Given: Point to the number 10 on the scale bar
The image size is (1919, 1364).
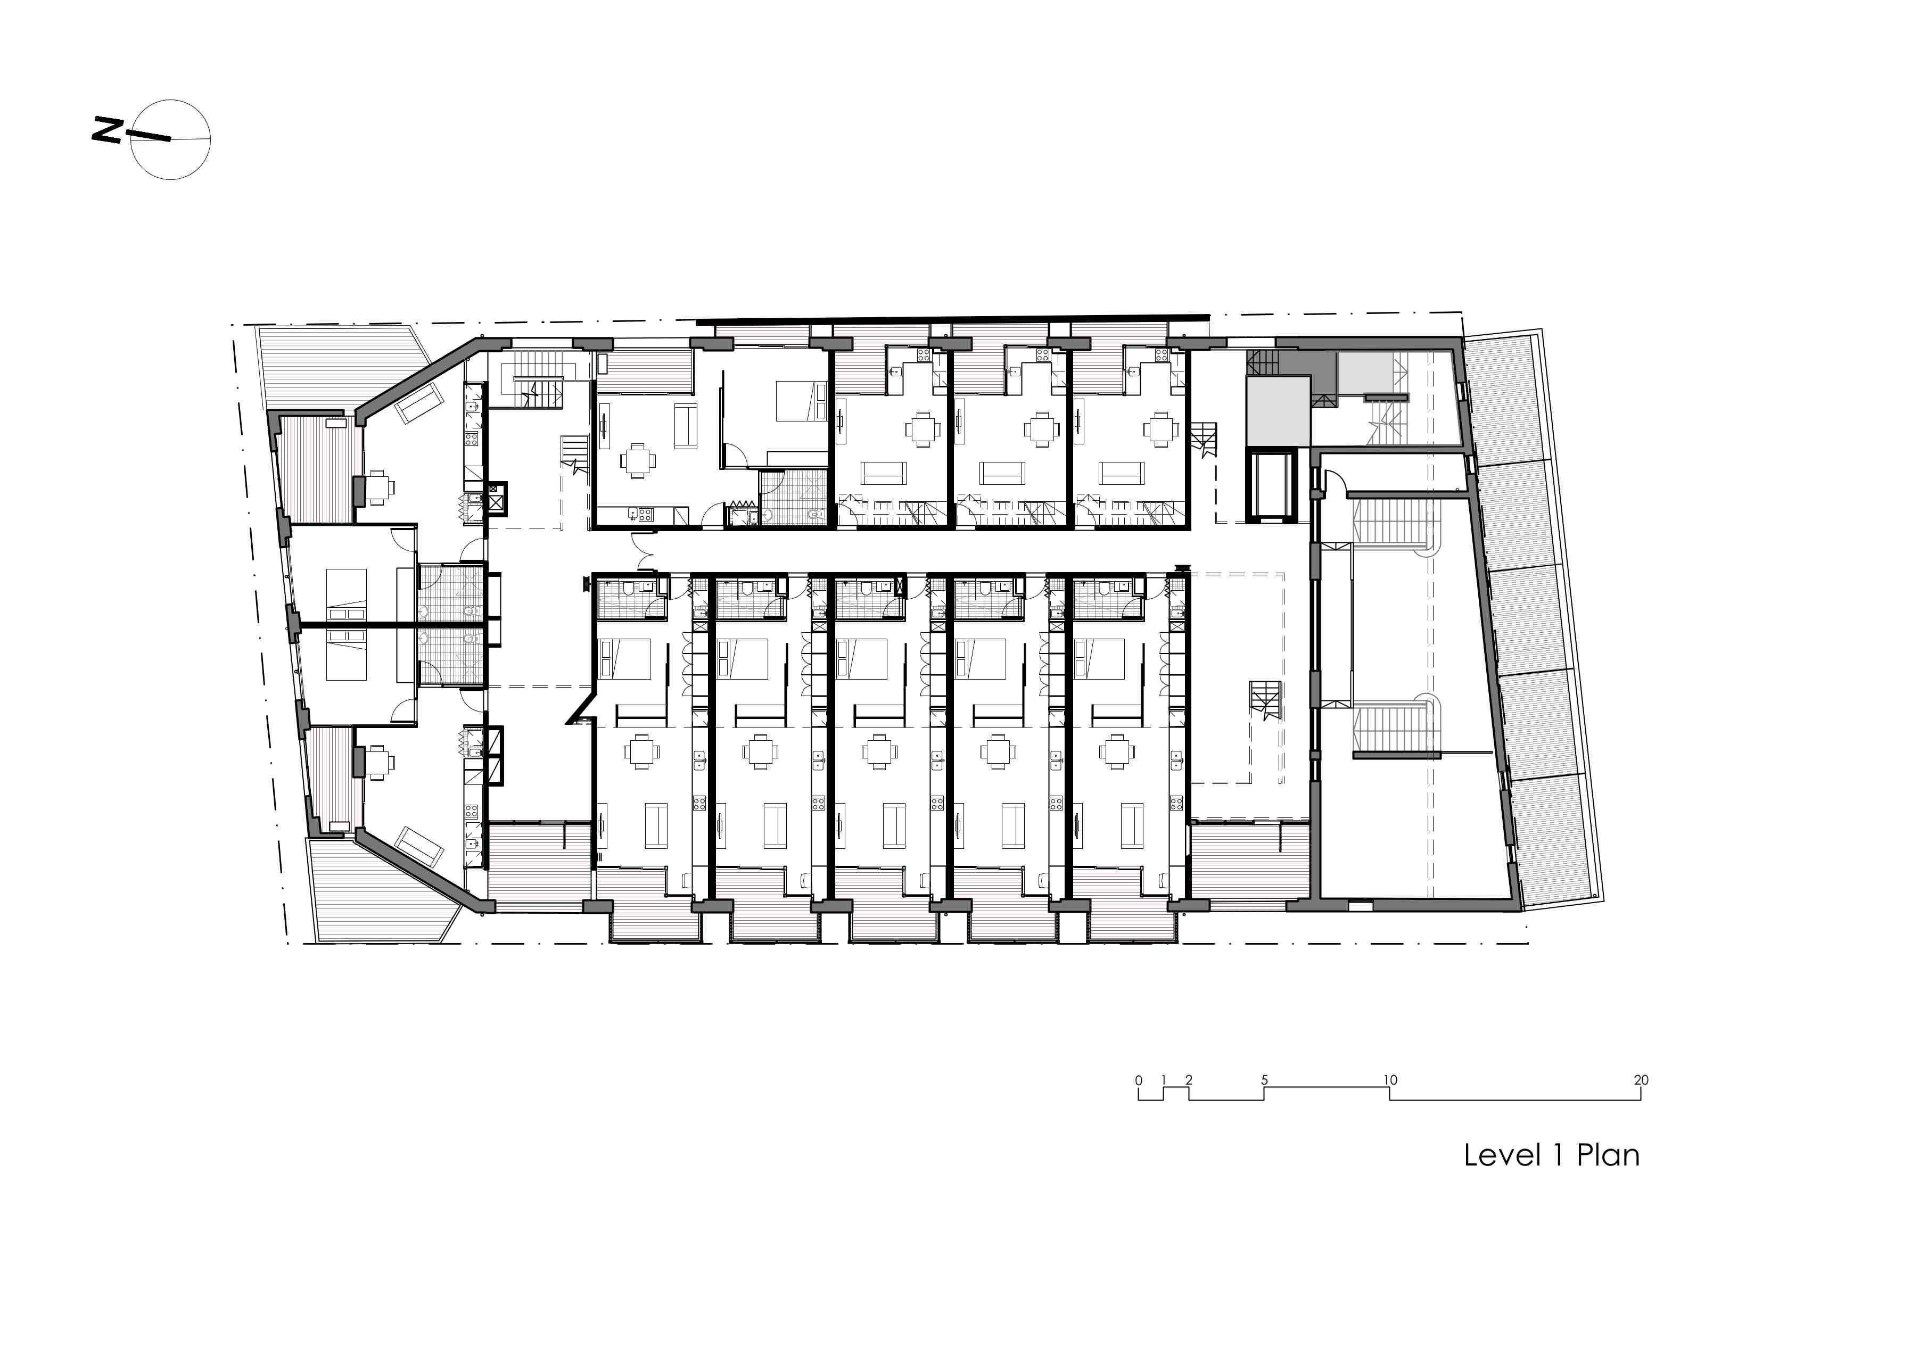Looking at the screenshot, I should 1390,1080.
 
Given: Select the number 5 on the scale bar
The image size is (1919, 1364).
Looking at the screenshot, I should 1264,1080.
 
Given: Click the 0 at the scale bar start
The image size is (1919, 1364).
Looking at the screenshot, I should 1139,1080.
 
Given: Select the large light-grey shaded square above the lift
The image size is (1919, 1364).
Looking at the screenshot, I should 1278,411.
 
